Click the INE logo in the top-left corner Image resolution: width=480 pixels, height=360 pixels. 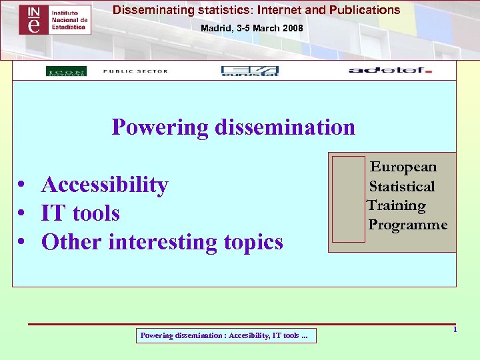tap(55, 20)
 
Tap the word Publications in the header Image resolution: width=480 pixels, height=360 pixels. tap(364, 10)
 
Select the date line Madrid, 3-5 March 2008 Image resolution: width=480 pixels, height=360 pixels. tap(252, 29)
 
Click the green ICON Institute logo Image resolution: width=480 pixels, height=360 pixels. tap(66, 71)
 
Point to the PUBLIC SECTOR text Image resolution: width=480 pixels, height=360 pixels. tap(135, 71)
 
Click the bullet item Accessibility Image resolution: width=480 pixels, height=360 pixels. tap(105, 184)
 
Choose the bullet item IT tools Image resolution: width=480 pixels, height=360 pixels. tap(80, 213)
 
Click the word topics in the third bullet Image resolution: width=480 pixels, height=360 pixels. tap(253, 241)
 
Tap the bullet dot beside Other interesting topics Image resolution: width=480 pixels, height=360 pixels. tap(23, 242)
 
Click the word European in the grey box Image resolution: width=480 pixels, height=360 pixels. tap(403, 167)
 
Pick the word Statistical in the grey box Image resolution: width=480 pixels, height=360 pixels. tap(402, 186)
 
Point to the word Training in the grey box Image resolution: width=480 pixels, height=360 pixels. tap(397, 205)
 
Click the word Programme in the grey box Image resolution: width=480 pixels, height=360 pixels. tap(408, 225)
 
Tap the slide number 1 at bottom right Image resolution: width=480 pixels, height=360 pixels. tap(455, 330)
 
